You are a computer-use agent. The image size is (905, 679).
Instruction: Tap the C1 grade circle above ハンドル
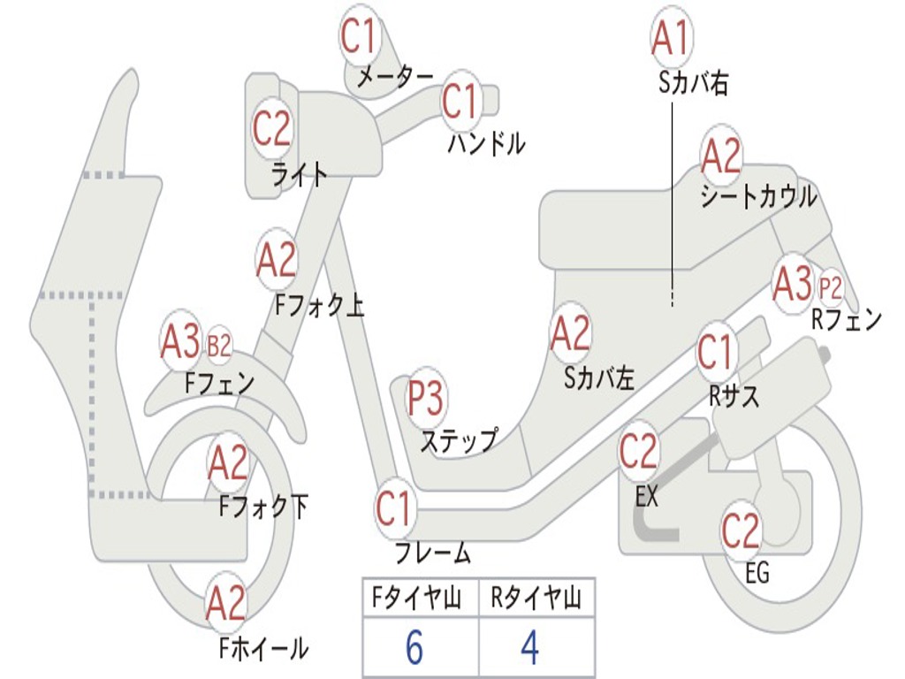point(460,102)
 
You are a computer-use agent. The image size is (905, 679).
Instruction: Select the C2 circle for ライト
point(272,129)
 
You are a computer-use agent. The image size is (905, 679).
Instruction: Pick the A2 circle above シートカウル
point(721,156)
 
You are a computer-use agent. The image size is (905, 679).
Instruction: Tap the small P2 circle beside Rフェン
point(831,288)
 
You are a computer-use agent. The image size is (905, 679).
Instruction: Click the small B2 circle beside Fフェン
point(218,345)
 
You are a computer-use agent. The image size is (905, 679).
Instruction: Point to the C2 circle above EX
point(639,452)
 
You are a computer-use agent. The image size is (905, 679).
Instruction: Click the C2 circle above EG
point(741,530)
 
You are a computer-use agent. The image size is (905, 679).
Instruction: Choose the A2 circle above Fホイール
point(226,604)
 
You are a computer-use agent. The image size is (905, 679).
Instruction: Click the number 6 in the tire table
point(414,648)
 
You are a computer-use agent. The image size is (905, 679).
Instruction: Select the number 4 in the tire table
point(530,648)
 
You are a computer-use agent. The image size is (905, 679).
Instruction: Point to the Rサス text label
point(734,397)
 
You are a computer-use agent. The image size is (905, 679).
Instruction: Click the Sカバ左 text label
point(599,378)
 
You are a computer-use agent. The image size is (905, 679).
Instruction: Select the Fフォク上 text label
point(319,306)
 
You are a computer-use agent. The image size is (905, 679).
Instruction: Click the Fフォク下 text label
point(264,507)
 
